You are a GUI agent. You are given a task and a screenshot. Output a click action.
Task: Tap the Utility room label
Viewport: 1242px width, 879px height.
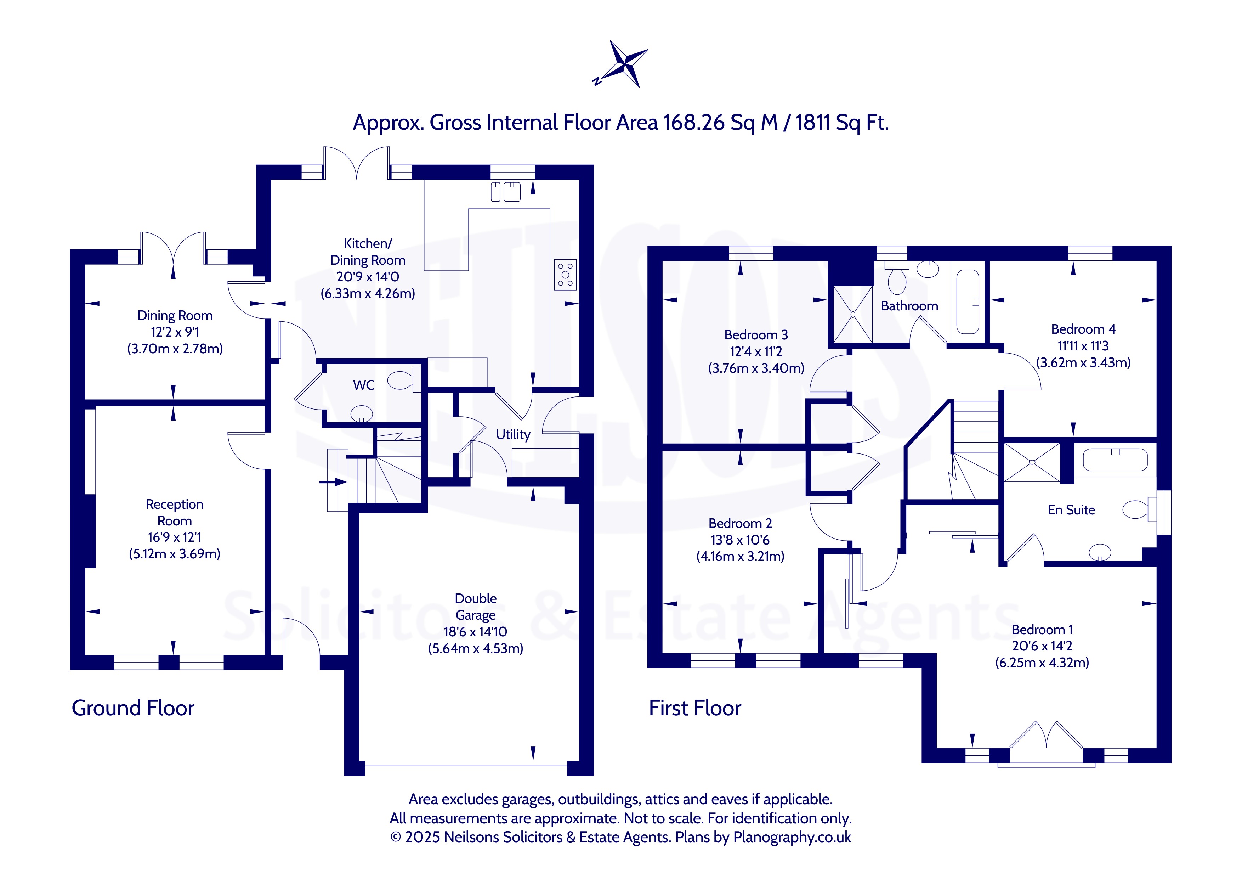pyautogui.click(x=513, y=434)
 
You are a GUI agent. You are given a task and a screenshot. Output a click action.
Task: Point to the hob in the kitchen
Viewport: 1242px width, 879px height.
pyautogui.click(x=565, y=275)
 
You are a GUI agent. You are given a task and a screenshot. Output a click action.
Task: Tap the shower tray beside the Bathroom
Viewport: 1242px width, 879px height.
pyautogui.click(x=852, y=315)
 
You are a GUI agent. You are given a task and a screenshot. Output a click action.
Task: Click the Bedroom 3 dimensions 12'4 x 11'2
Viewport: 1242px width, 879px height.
pyautogui.click(x=756, y=351)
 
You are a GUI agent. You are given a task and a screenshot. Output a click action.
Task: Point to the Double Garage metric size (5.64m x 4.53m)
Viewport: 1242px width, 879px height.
pyautogui.click(x=476, y=648)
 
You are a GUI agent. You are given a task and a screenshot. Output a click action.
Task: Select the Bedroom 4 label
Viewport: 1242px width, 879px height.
pyautogui.click(x=1083, y=329)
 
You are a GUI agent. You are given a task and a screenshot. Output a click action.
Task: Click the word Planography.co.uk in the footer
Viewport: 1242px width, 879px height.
pyautogui.click(x=792, y=837)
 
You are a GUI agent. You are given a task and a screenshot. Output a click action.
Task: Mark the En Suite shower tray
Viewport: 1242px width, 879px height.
pyautogui.click(x=1032, y=462)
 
